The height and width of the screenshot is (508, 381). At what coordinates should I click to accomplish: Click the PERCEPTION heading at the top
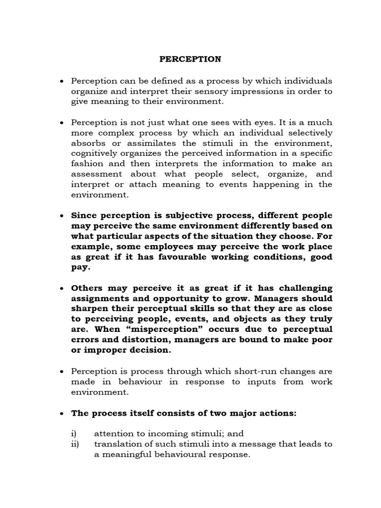(190, 59)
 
